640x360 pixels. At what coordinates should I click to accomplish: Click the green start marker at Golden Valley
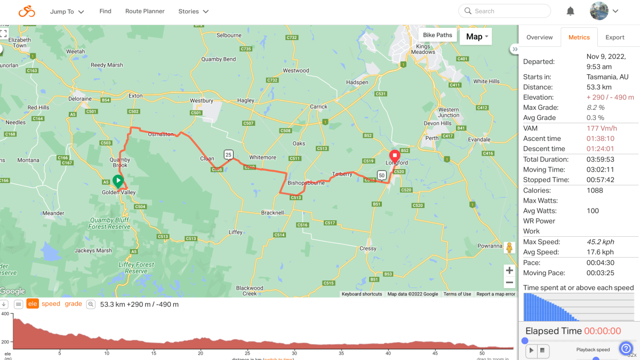click(x=118, y=181)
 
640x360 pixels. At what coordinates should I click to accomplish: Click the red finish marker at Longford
click(x=395, y=158)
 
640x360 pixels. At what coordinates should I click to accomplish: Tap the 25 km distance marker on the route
click(x=228, y=155)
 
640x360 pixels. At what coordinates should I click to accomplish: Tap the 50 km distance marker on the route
click(x=381, y=175)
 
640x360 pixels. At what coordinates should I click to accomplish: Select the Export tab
click(x=614, y=37)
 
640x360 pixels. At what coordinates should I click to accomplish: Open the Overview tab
click(x=539, y=37)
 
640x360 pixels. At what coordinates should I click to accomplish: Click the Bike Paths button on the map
click(x=437, y=35)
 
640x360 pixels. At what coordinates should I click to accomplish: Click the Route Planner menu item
click(x=145, y=11)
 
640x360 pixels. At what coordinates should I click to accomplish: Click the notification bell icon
click(x=570, y=11)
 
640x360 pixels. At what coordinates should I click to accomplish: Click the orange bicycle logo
click(x=27, y=11)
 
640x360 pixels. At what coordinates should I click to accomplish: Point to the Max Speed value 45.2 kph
click(x=600, y=242)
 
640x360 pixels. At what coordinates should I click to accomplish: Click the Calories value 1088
click(x=595, y=190)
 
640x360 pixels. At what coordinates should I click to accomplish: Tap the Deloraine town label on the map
click(x=80, y=99)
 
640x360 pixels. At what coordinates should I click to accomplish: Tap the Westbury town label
click(x=202, y=100)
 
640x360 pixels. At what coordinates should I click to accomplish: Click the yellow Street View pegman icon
click(x=509, y=247)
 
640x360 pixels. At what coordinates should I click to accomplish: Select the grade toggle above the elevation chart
click(x=74, y=304)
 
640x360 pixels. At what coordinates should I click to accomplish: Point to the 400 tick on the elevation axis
click(x=5, y=314)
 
